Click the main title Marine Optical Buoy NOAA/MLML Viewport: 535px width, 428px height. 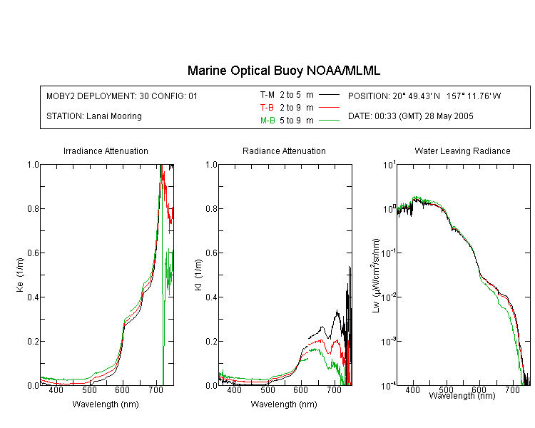point(283,71)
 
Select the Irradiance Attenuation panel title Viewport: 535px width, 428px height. point(106,151)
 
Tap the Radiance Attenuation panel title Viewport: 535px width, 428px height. point(284,151)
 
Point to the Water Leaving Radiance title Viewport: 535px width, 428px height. point(462,151)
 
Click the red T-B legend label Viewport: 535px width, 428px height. point(267,108)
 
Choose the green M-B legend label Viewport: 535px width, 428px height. point(267,120)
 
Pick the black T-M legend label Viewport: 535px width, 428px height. point(267,95)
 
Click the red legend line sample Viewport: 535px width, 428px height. point(329,108)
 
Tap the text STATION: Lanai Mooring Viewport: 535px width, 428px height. point(94,116)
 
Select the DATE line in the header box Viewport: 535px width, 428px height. point(410,116)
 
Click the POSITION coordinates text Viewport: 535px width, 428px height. point(424,96)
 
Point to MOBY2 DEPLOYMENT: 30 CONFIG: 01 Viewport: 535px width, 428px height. point(122,96)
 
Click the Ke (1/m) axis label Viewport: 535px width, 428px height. point(20,275)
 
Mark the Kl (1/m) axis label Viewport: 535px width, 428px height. point(198,275)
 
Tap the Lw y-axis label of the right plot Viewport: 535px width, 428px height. point(376,275)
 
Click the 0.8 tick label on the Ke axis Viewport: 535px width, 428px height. point(33,208)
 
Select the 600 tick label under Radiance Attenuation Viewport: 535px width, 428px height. point(300,389)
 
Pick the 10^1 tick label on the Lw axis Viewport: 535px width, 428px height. point(389,165)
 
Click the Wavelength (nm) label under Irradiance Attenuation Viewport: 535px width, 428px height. point(106,404)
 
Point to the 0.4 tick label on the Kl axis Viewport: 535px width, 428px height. point(212,297)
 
